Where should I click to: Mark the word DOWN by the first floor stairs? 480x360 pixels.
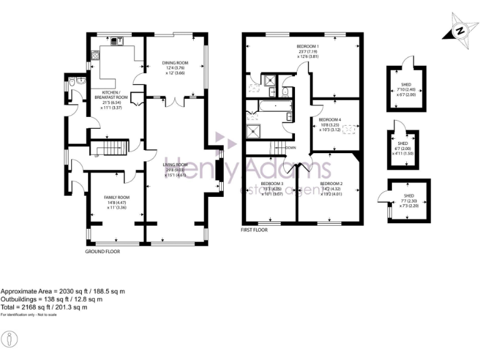pyautogui.click(x=291, y=148)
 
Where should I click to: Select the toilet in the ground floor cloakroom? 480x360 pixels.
pyautogui.click(x=73, y=82)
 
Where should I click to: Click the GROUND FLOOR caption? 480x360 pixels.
pyautogui.click(x=102, y=251)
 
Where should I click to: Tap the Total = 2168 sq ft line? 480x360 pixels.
pyautogui.click(x=44, y=307)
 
